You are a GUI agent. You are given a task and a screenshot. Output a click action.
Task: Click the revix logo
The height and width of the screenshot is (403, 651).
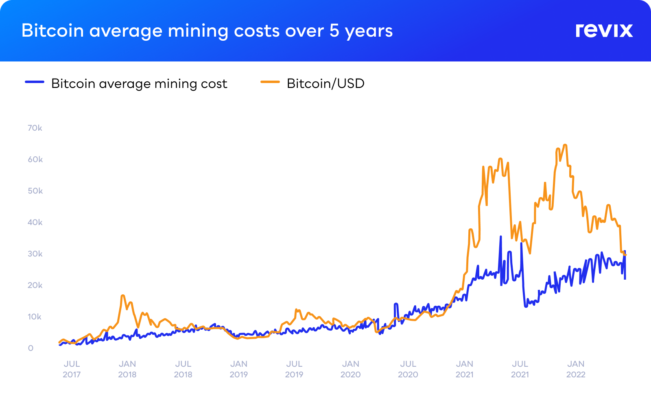click(604, 31)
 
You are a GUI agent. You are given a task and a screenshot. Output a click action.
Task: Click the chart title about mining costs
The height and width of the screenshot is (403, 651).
click(207, 31)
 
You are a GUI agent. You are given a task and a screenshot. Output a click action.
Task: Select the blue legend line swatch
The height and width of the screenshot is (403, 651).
click(35, 82)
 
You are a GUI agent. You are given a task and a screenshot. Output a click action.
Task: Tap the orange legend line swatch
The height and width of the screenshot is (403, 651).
click(270, 82)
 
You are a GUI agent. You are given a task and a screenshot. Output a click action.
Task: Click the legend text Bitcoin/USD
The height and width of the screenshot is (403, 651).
click(325, 83)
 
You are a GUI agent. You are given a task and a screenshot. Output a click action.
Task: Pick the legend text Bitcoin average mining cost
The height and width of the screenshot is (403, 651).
click(139, 83)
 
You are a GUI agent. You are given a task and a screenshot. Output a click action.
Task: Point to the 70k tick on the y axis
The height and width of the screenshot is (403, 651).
click(35, 128)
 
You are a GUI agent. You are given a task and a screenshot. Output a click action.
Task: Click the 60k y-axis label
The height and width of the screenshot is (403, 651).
click(35, 159)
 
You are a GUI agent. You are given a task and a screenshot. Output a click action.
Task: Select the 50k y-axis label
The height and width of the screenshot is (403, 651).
click(35, 191)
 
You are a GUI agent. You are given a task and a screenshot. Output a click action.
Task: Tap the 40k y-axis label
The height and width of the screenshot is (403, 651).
click(35, 222)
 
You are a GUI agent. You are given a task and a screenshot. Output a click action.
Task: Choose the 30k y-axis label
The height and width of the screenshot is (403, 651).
click(35, 254)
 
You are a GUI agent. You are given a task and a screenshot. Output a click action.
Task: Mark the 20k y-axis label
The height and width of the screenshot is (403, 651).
click(35, 285)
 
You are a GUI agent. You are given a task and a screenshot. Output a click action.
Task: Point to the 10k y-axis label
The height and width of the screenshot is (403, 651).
click(35, 317)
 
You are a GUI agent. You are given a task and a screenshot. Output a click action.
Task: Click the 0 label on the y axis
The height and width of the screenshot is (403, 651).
click(31, 348)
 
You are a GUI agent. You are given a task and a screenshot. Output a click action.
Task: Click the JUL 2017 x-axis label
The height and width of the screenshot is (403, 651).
click(72, 369)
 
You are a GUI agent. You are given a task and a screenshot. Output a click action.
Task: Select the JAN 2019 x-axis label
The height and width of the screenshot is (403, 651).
click(239, 369)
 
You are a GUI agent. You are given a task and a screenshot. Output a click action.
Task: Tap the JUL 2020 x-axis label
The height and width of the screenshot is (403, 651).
click(408, 369)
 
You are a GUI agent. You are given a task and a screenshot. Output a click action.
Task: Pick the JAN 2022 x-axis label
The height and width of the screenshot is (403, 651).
click(576, 369)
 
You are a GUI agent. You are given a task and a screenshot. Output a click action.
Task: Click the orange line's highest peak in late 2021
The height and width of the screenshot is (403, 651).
click(565, 145)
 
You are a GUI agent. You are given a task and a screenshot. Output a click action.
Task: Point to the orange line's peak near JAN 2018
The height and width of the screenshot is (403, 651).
click(123, 296)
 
